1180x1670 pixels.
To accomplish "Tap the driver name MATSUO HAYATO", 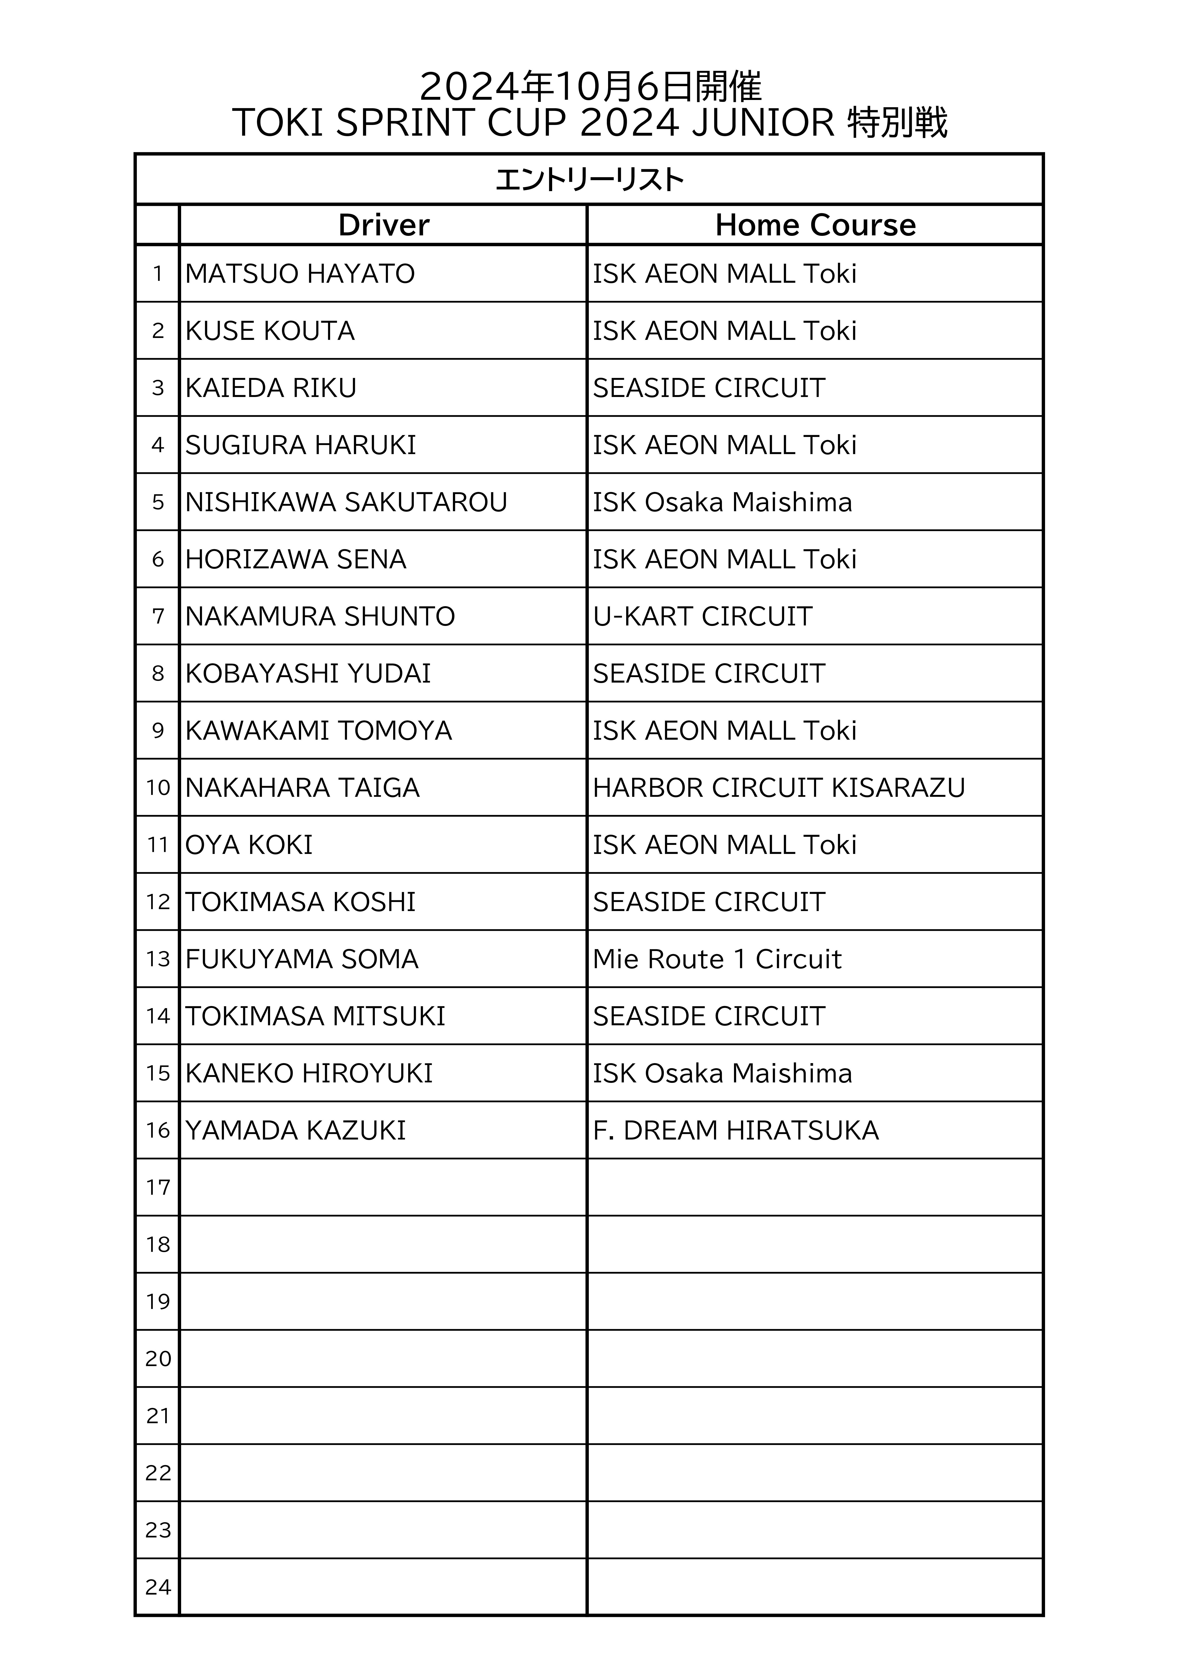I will [x=300, y=274].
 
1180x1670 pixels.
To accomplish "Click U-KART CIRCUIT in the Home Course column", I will [x=702, y=617].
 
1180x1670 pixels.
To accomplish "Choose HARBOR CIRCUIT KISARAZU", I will [x=778, y=788].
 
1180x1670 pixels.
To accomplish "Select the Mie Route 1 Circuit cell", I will [x=717, y=959].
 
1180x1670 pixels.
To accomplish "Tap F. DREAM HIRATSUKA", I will [x=735, y=1130].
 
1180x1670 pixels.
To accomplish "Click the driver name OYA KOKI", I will [x=249, y=845].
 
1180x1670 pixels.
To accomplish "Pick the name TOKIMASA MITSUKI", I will [x=315, y=1016].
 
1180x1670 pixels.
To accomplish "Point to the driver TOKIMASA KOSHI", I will [x=300, y=902].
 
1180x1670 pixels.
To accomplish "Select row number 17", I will [x=158, y=1188].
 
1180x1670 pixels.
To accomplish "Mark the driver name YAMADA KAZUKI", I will [x=295, y=1130].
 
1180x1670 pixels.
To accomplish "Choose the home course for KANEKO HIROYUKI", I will [x=722, y=1074].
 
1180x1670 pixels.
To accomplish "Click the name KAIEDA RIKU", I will [x=271, y=388].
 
